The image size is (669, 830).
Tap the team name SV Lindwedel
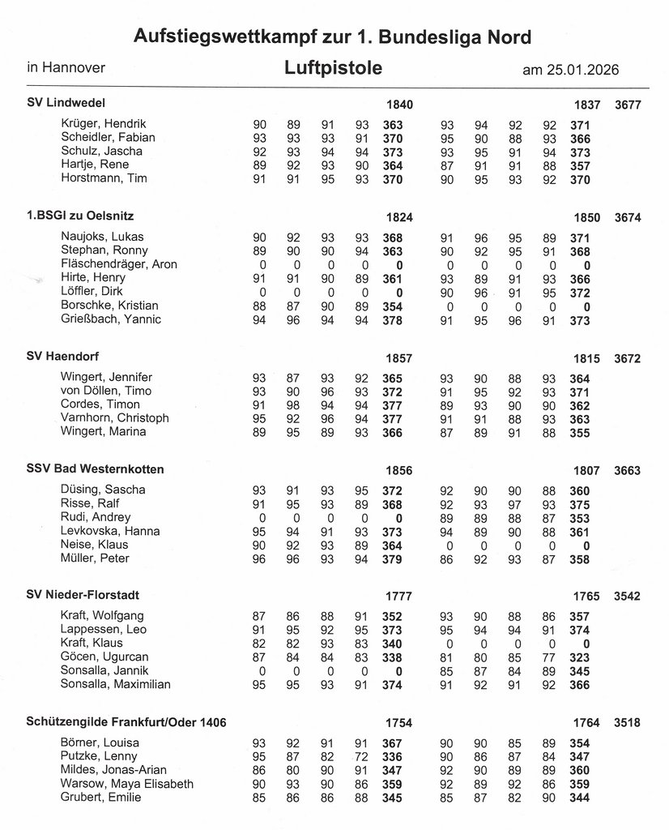66,103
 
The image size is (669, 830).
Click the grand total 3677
629,105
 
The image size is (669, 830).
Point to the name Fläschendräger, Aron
118,264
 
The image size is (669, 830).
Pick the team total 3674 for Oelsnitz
629,217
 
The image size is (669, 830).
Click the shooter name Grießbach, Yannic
111,319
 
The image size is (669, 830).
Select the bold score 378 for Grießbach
393,319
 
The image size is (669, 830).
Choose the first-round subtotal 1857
399,358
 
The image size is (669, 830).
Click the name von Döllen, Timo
106,391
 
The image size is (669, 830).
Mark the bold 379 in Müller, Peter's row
393,558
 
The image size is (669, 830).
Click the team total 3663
629,470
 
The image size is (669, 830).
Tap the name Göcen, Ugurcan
105,656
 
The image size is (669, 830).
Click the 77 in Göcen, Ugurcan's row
550,656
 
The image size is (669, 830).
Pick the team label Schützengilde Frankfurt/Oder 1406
126,721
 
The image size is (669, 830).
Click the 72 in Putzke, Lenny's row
361,756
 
